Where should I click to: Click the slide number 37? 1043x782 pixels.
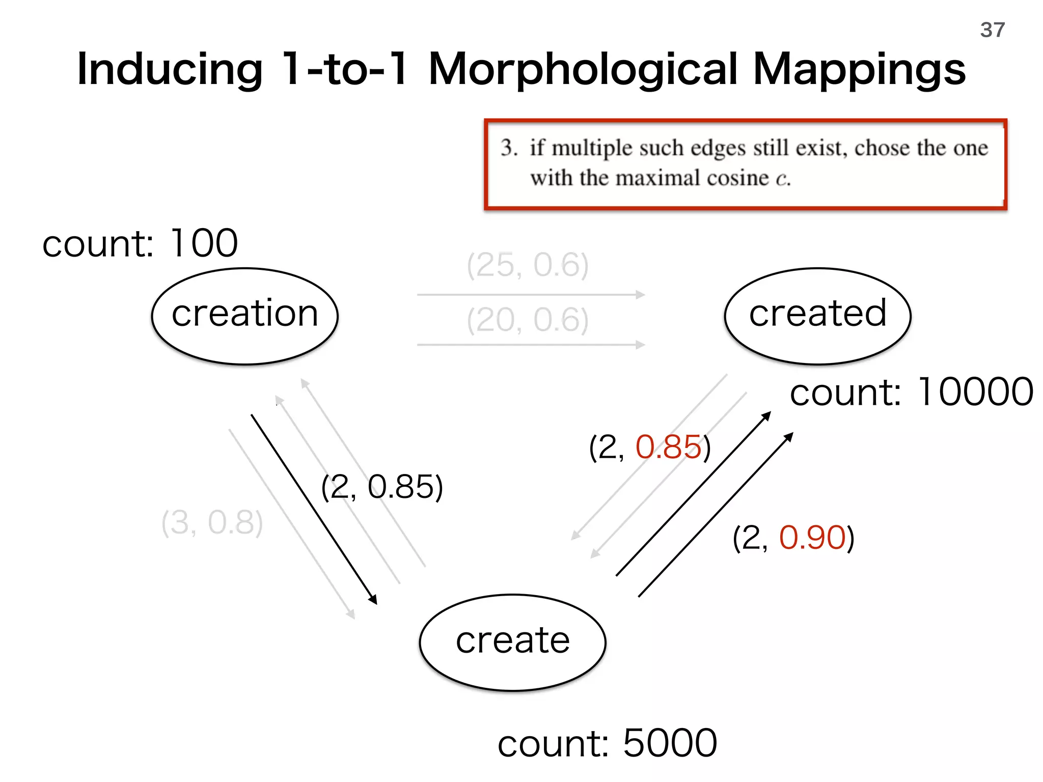tap(992, 30)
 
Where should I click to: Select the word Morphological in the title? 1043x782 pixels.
tap(583, 70)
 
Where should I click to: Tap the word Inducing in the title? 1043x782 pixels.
tap(170, 70)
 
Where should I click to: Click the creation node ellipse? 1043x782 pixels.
tap(245, 316)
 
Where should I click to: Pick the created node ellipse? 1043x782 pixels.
tap(817, 316)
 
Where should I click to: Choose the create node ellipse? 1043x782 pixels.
tap(512, 642)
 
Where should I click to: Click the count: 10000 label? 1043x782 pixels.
tap(911, 392)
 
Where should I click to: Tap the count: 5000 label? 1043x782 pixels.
tap(607, 743)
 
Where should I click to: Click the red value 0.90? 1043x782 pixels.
tap(812, 538)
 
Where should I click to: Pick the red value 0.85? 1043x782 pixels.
tap(668, 447)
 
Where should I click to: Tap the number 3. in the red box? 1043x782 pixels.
tap(509, 148)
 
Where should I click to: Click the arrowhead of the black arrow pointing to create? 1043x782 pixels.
tap(373, 600)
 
